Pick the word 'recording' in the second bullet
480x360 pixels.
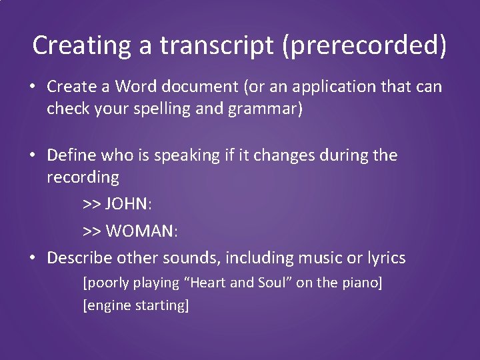83,178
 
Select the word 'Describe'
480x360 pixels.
79,257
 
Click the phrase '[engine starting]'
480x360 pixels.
135,305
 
